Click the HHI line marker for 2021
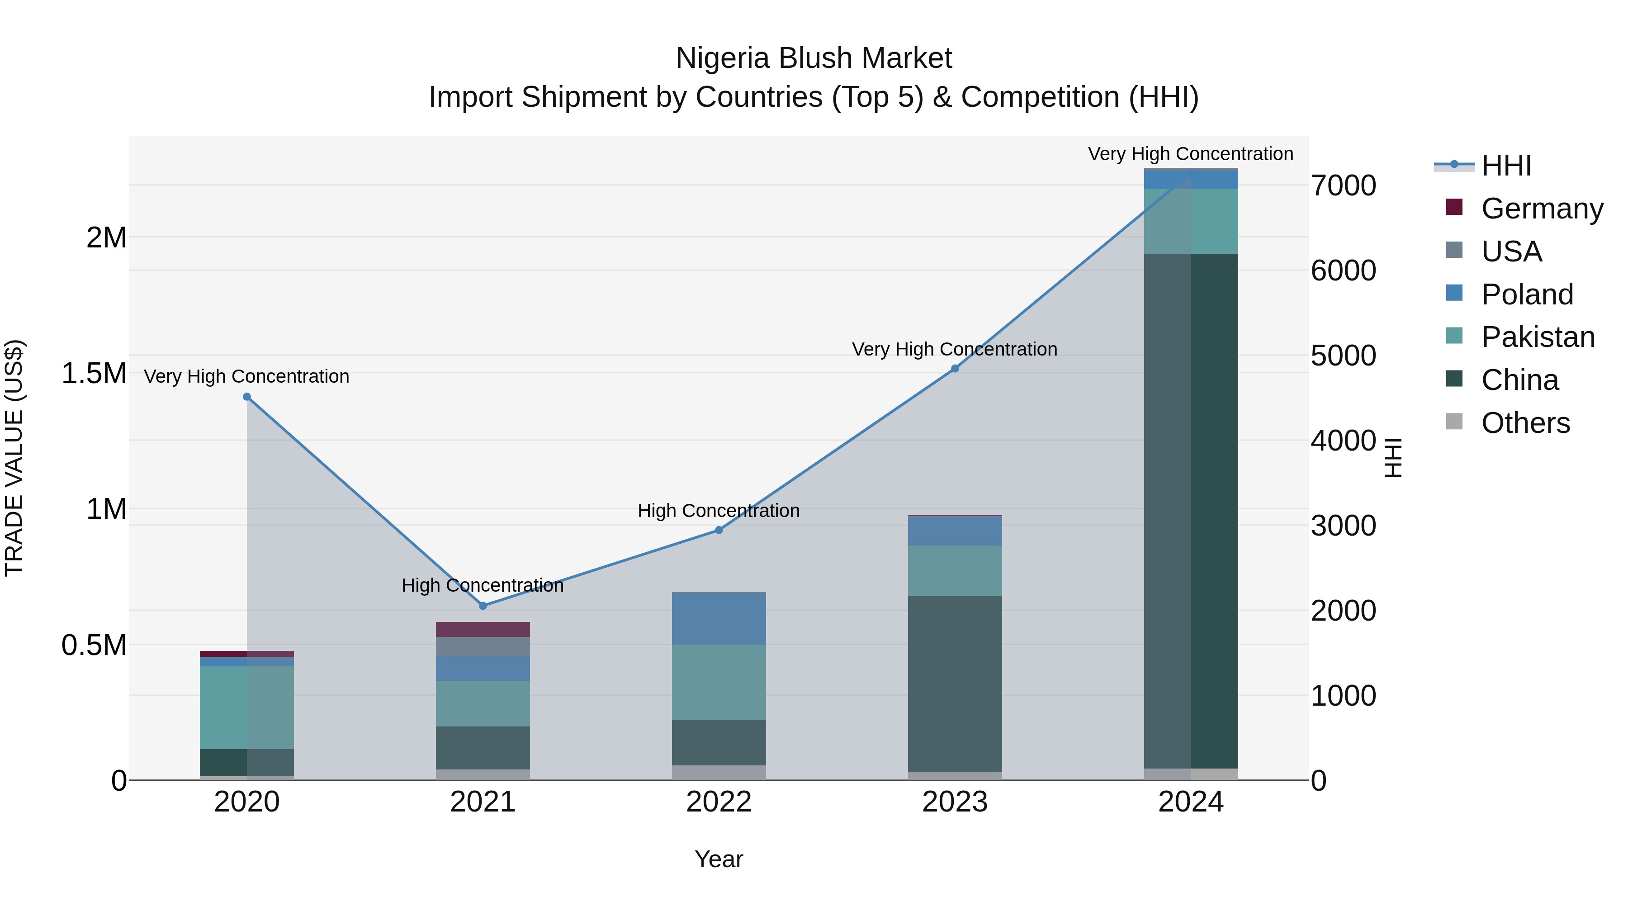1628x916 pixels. point(483,606)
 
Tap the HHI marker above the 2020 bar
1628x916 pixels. point(247,397)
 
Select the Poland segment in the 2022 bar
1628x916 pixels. point(719,618)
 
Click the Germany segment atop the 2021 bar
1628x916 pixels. point(483,629)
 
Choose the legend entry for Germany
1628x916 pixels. point(1542,209)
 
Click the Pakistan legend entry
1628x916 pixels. point(1538,337)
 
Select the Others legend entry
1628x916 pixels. point(1525,423)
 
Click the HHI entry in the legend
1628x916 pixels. point(1506,166)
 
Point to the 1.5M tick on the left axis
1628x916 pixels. point(94,373)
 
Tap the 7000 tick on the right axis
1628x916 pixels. point(1343,186)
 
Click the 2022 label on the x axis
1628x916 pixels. point(719,802)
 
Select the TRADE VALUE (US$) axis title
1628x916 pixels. point(14,458)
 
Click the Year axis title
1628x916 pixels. point(719,859)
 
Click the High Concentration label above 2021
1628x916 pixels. point(483,585)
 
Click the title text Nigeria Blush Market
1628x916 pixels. point(814,58)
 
